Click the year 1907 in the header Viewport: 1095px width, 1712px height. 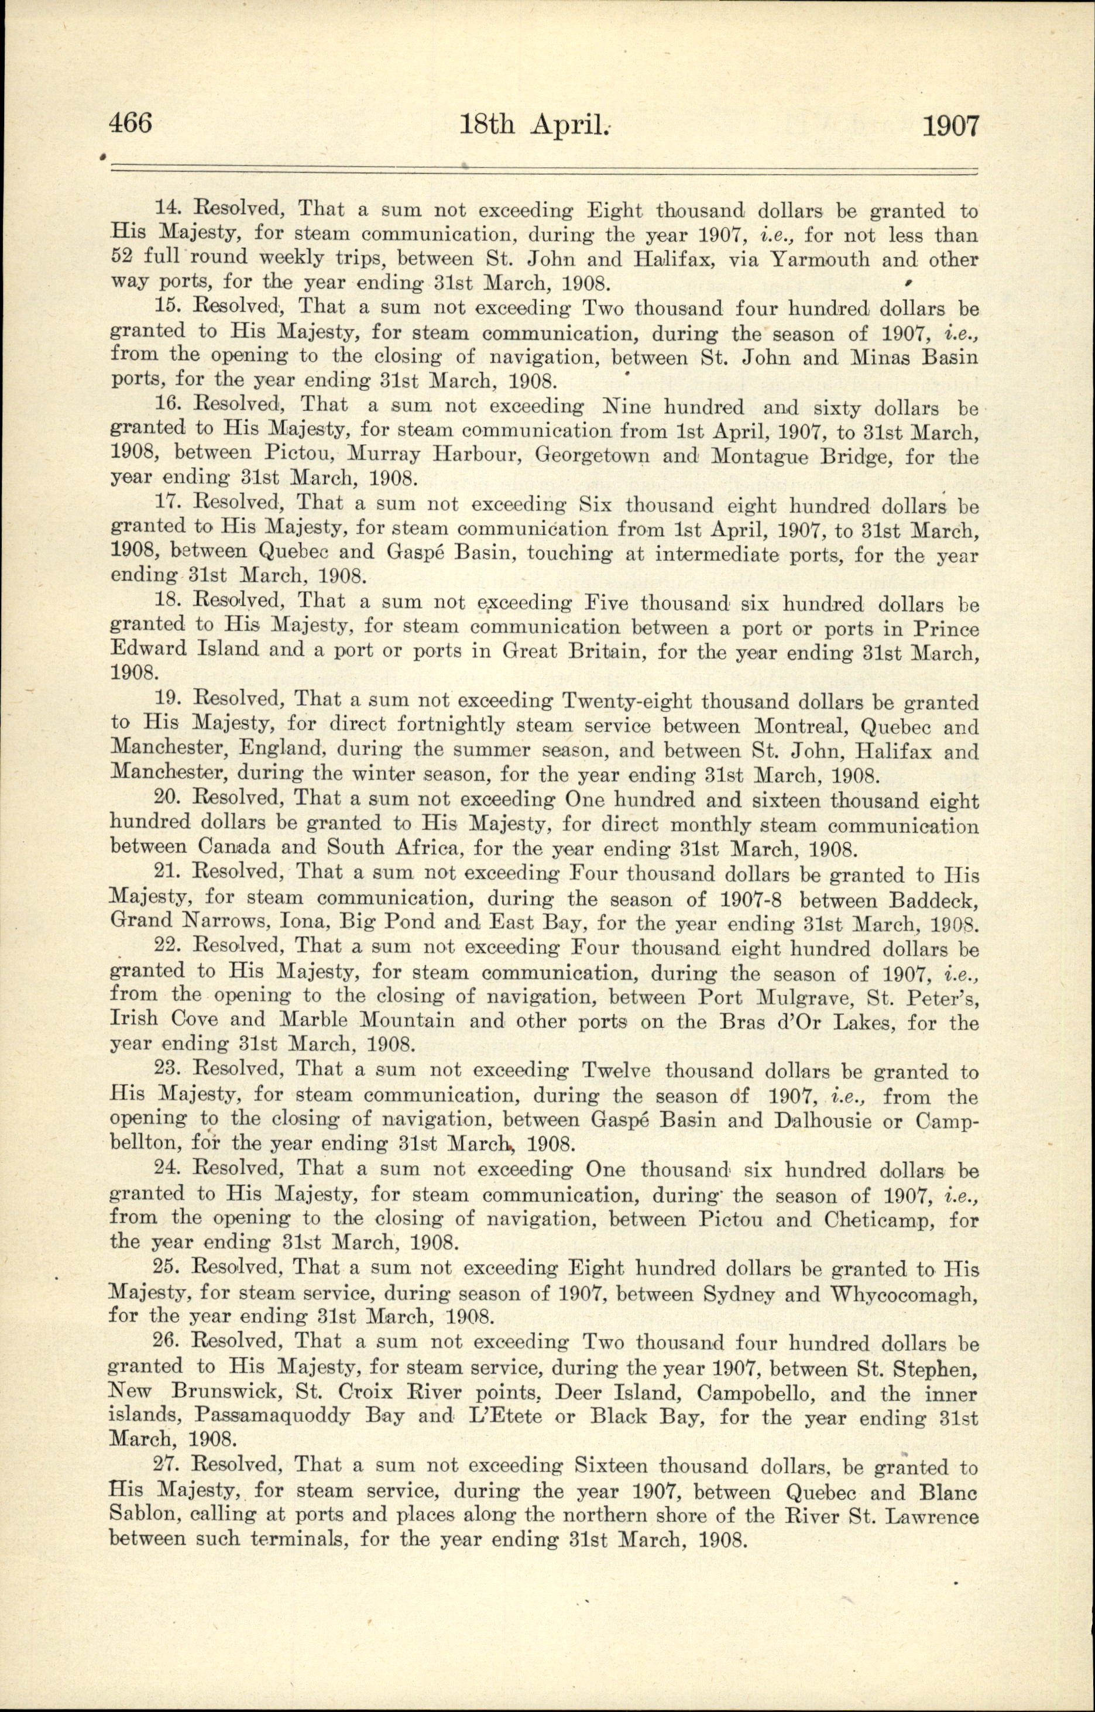(x=950, y=126)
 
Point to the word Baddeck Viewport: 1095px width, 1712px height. (x=933, y=900)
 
